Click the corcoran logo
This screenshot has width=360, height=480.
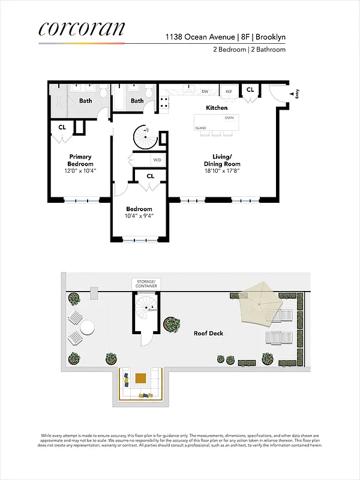click(x=82, y=29)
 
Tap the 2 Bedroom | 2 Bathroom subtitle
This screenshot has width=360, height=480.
click(x=249, y=50)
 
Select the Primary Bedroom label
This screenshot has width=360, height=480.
click(x=80, y=160)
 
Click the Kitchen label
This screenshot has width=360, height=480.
click(x=217, y=108)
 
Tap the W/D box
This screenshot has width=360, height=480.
click(x=157, y=160)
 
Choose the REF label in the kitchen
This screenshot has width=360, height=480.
click(x=228, y=92)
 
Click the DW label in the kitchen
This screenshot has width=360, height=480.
click(x=205, y=92)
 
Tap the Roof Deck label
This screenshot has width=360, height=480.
click(x=208, y=333)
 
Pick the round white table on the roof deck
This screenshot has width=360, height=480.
click(x=87, y=328)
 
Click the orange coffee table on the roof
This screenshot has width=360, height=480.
click(x=140, y=378)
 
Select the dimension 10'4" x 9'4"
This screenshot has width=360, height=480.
click(x=139, y=217)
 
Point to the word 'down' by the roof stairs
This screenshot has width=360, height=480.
click(x=152, y=310)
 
